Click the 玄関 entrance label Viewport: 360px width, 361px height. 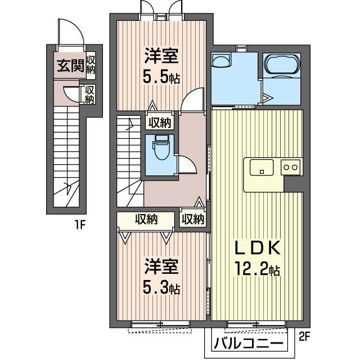point(70,66)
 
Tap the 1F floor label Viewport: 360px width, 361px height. point(80,225)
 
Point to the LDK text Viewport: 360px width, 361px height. point(257,247)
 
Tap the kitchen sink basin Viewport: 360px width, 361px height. point(262,168)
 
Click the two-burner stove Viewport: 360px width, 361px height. point(290,167)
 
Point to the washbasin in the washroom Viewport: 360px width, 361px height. point(221,61)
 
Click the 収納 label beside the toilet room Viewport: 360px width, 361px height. point(160,123)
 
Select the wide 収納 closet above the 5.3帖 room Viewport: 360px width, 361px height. point(146,220)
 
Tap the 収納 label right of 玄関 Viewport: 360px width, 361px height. point(91,65)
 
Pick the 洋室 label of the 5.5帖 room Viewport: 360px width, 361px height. point(161,56)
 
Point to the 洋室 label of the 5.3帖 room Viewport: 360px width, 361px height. point(161,267)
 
